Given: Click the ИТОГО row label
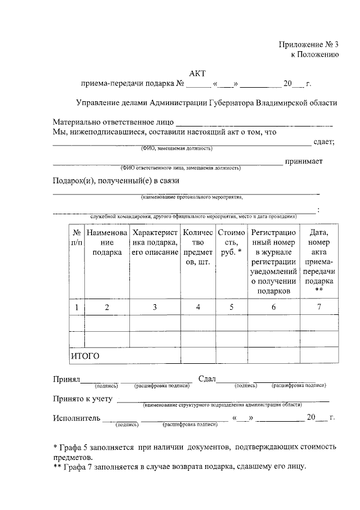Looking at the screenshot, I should [x=84, y=356].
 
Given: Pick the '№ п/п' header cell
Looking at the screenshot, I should [x=76, y=237].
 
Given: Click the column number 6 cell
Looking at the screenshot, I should [x=273, y=307].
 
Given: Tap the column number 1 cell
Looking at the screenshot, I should [x=76, y=307].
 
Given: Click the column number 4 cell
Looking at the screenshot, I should [x=197, y=307].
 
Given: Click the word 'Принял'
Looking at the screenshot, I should [x=66, y=380].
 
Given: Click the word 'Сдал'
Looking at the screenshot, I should [x=207, y=380].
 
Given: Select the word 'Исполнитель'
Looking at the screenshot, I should [x=76, y=418].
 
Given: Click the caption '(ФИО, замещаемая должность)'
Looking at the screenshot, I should [x=177, y=149].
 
